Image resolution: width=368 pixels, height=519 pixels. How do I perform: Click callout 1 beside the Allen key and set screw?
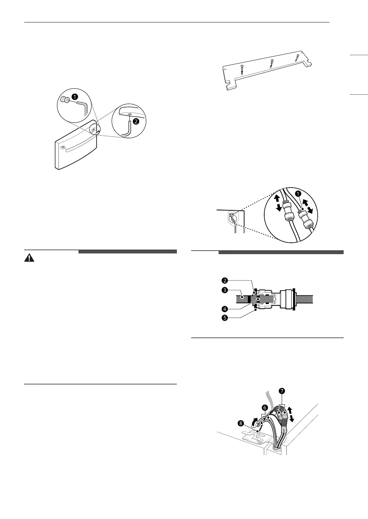75,96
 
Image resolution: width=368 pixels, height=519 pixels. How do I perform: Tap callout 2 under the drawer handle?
136,121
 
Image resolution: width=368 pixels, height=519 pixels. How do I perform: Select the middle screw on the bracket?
271,62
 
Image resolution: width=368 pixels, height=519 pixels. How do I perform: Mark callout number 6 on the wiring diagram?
265,407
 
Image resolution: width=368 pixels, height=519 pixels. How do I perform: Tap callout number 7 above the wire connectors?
282,391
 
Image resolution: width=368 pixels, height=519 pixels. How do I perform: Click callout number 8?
241,423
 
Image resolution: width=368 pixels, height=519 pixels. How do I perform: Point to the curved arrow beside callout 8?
254,421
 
